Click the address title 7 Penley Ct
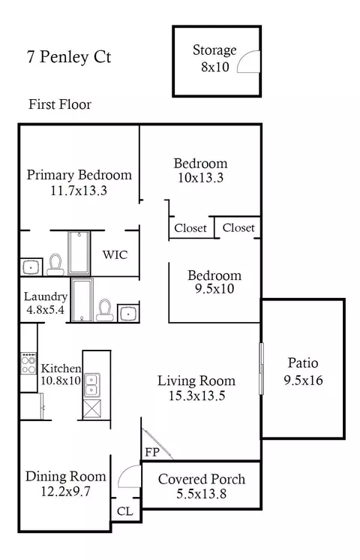point(69,57)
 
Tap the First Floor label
point(60,104)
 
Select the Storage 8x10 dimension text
point(214,67)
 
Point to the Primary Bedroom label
point(79,175)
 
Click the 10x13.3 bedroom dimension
point(200,178)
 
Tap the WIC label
point(115,254)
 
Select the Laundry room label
point(45,297)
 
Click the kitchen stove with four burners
point(28,363)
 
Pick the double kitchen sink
point(91,385)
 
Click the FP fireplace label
point(152,453)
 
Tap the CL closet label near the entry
point(124,511)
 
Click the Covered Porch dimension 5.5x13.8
point(202,494)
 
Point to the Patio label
point(303,363)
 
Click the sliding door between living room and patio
point(261,369)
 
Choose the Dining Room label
point(66,477)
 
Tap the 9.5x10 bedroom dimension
point(214,288)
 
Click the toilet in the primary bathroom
point(55,265)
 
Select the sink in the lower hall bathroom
point(128,314)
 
